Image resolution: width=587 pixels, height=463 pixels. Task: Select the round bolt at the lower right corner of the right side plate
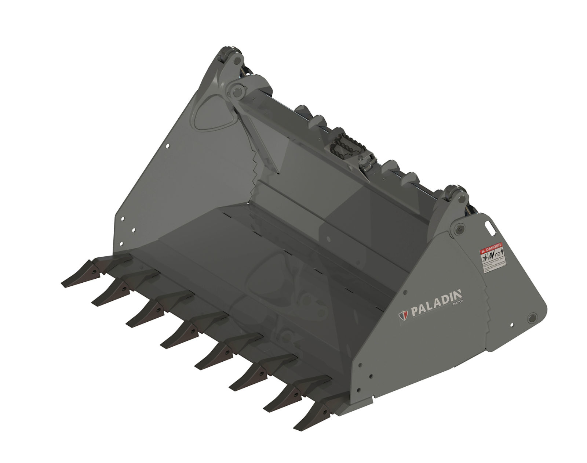532,316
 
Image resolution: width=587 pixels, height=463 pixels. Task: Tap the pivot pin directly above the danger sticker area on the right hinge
459,228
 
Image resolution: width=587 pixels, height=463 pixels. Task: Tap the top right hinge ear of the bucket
453,195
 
